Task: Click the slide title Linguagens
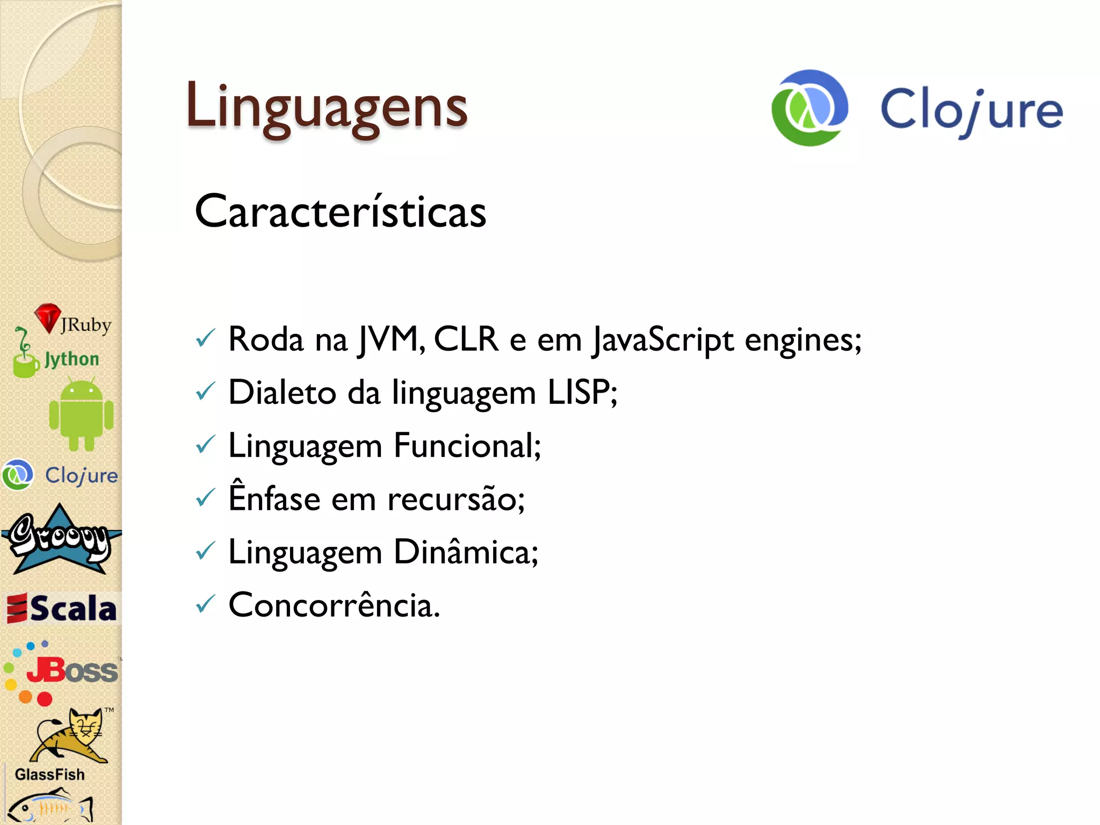327,107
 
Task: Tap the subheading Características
341,212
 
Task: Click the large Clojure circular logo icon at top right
809,108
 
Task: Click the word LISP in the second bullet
582,392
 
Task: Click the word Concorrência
334,605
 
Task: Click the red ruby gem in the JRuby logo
48,317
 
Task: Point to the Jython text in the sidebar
72,359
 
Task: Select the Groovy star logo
60,540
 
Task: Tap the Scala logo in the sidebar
62,609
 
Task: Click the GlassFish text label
50,774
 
